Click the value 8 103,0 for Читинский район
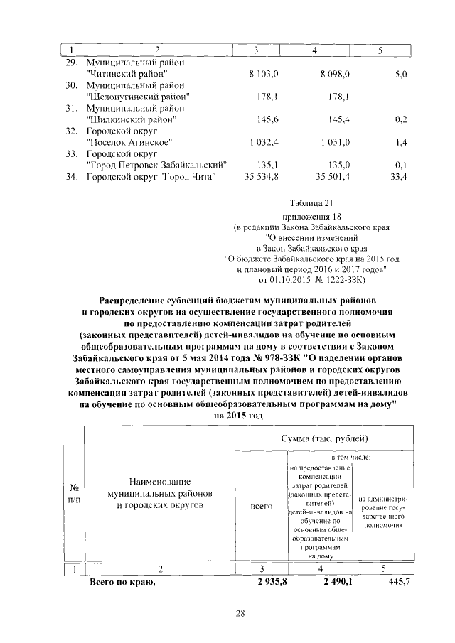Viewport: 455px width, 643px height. [264, 73]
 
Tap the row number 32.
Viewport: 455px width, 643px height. [70, 131]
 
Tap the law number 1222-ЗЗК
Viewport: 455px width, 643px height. [338, 280]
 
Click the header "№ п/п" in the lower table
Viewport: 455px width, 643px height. [73, 494]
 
